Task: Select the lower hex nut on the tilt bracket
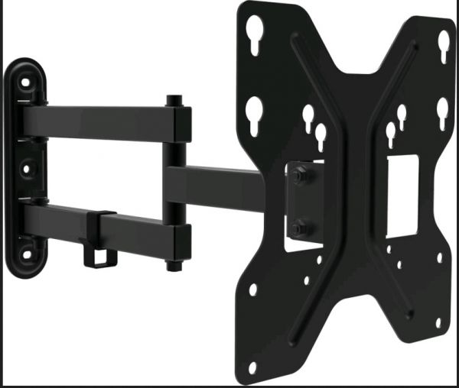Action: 299,227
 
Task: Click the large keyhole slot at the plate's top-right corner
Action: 443,44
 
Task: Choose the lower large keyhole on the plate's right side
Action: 442,111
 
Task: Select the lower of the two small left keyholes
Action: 321,136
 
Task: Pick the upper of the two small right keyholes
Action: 402,114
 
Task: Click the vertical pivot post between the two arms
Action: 177,183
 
